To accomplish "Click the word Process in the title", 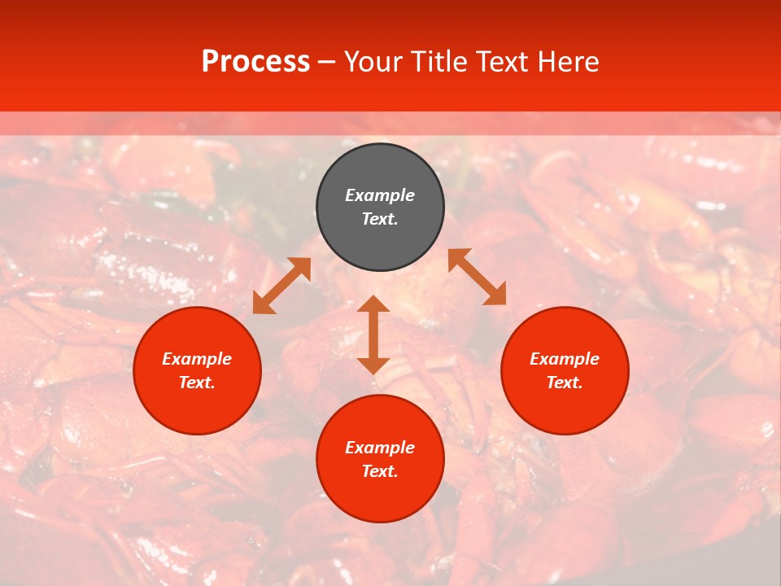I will tap(255, 62).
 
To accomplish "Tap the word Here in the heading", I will tap(566, 62).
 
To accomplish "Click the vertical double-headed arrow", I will tap(373, 335).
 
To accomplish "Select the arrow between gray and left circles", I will tap(281, 286).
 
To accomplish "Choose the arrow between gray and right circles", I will tap(477, 277).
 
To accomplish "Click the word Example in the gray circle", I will tap(380, 195).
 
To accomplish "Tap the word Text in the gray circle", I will tap(380, 219).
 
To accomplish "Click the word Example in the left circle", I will tap(197, 359).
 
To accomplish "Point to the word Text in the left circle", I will tap(197, 383).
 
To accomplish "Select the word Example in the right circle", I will tap(565, 359).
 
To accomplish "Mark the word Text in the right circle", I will tap(565, 383).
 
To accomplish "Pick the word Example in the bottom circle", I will tap(380, 448).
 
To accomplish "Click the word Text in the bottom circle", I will tap(380, 471).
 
